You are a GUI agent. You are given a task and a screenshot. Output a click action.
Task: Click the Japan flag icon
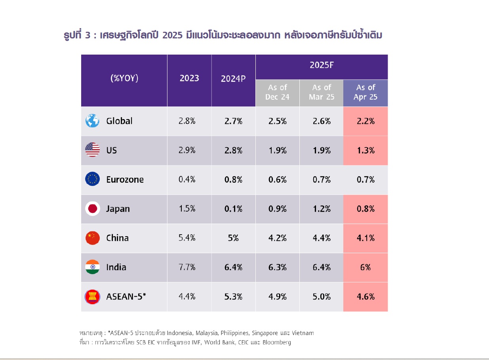92,208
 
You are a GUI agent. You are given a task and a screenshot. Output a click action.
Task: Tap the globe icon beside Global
92,121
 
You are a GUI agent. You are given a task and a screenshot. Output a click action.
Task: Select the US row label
111,150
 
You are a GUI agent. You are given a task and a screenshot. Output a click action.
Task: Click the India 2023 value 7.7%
187,267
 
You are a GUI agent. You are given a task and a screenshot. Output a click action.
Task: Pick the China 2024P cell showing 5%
233,238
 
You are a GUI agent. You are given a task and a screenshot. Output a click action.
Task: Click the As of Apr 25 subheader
365,92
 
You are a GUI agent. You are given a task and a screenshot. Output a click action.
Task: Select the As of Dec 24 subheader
277,92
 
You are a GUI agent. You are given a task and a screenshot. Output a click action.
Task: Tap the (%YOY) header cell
124,78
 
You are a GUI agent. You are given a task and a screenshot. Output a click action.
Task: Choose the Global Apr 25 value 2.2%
365,121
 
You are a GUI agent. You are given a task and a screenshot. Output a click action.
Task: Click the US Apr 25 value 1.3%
365,150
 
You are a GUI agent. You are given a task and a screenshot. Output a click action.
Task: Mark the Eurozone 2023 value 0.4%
187,179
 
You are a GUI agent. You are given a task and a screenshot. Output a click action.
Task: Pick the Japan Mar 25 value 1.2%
322,208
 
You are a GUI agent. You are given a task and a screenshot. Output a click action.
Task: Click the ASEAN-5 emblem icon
92,296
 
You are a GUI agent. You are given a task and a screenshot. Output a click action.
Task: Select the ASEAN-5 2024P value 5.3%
233,296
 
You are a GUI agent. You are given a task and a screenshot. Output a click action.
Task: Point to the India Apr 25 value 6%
365,267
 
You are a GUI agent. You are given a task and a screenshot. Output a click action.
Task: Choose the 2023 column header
189,78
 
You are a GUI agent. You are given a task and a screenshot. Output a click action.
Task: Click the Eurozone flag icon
92,179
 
